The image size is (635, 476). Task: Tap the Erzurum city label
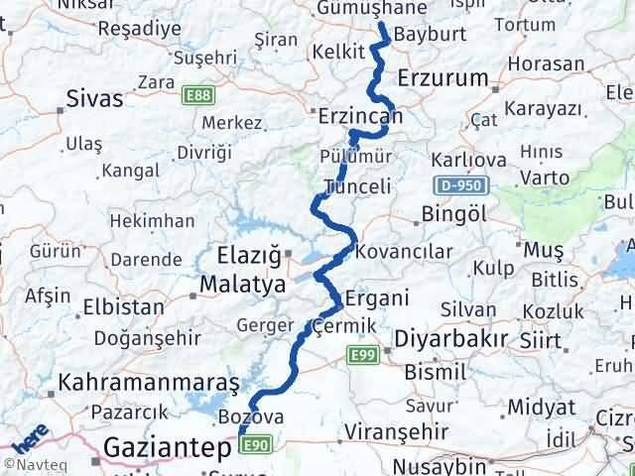pyautogui.click(x=443, y=78)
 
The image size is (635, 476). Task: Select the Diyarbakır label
pyautogui.click(x=451, y=338)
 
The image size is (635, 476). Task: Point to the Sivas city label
pyautogui.click(x=95, y=98)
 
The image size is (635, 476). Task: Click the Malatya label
pyautogui.click(x=242, y=285)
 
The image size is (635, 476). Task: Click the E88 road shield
pyautogui.click(x=195, y=94)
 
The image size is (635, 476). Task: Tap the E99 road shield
pyautogui.click(x=361, y=353)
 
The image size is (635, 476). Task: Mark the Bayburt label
pyautogui.click(x=424, y=35)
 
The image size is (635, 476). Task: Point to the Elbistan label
pyautogui.click(x=124, y=307)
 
